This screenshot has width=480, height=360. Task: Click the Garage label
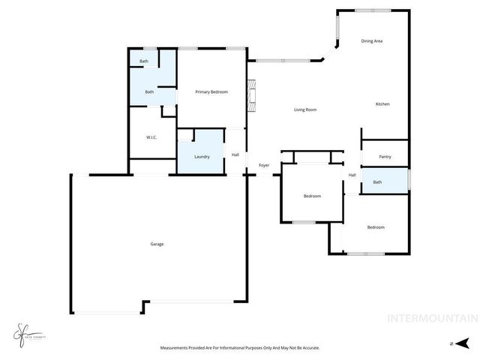pos(157,244)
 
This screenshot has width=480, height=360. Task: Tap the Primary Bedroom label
pos(211,92)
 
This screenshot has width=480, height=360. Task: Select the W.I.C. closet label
pos(151,137)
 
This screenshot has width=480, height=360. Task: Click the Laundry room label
pos(202,156)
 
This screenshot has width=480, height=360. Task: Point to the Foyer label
pos(264,165)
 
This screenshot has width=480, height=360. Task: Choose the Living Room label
pos(304,109)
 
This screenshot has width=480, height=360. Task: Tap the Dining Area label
pos(372,40)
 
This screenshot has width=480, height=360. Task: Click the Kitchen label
pos(382,103)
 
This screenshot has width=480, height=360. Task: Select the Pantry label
pos(385,157)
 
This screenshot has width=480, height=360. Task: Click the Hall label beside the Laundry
pos(235,154)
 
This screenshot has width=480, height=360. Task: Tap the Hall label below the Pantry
pos(352,175)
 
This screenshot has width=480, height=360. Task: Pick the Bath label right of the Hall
pos(377,182)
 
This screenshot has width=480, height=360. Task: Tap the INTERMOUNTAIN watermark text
pos(431,318)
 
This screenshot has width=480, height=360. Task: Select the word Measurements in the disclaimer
pos(178,348)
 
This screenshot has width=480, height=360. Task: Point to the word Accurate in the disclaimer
pos(309,348)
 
